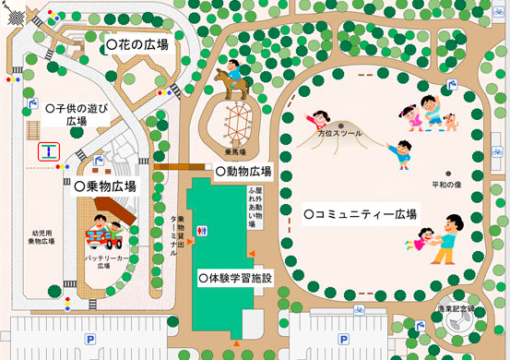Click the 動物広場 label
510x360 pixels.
[243, 172]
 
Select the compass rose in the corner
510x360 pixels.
[18, 18]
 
